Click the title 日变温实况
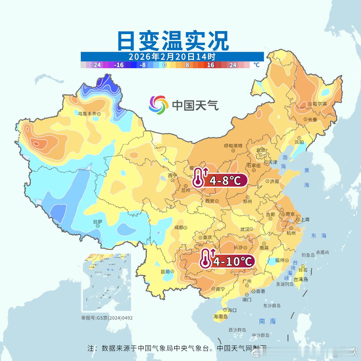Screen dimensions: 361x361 pyautogui.click(x=172, y=41)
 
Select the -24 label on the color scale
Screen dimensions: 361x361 pyautogui.click(x=96, y=65)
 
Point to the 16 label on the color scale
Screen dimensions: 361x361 pyautogui.click(x=210, y=65)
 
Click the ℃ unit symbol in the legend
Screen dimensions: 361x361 pyautogui.click(x=256, y=65)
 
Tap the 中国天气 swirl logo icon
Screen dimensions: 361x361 pyautogui.click(x=158, y=105)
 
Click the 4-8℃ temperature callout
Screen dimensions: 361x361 pyautogui.click(x=220, y=181)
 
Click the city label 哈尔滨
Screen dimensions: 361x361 pyautogui.click(x=320, y=104)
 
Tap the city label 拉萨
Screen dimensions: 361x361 pyautogui.click(x=98, y=222)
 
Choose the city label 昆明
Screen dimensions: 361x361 pyautogui.click(x=165, y=271)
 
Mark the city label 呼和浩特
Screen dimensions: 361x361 pyautogui.click(x=233, y=146)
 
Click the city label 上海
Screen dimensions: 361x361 pyautogui.click(x=305, y=220)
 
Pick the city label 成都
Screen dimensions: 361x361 pyautogui.click(x=178, y=228)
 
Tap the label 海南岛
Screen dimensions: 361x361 pyautogui.click(x=221, y=317)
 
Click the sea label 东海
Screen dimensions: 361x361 pyautogui.click(x=318, y=236)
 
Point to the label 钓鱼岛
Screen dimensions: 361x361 pyautogui.click(x=308, y=255)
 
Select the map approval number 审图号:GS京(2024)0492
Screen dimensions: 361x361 pyautogui.click(x=107, y=318)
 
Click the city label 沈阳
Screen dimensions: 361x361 pyautogui.click(x=299, y=142)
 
